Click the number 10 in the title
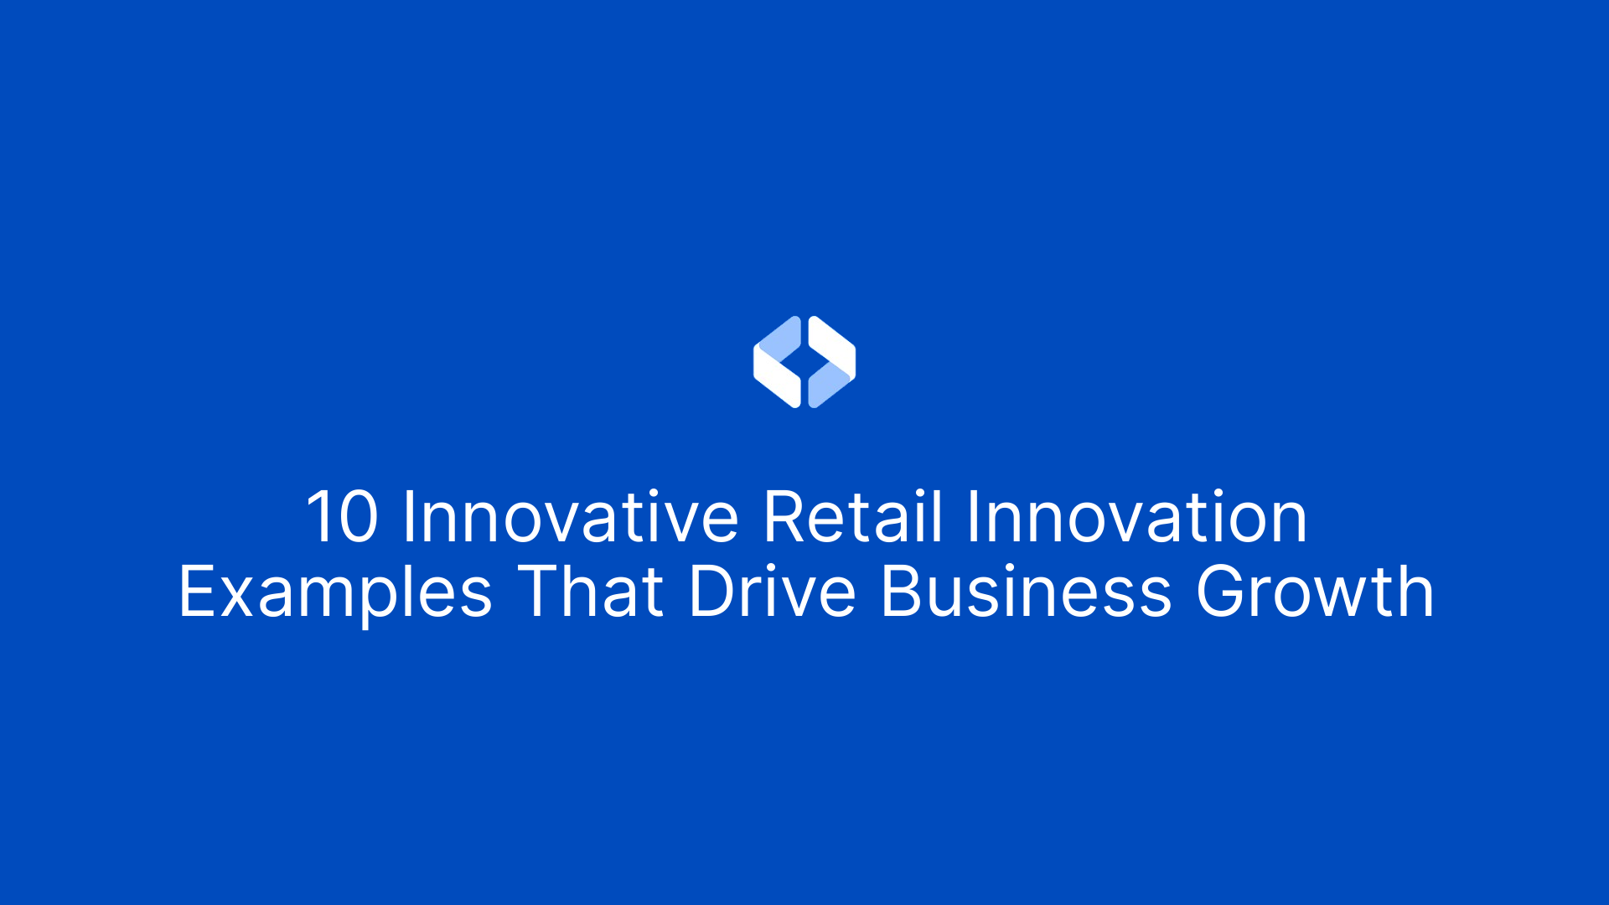tap(342, 517)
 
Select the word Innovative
tap(570, 517)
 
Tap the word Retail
tap(853, 517)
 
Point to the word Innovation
tap(1136, 517)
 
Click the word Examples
tap(335, 592)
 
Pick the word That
tap(591, 592)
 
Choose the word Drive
tap(772, 592)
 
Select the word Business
tap(1026, 592)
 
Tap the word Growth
tap(1314, 592)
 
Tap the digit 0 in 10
tap(359, 517)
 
